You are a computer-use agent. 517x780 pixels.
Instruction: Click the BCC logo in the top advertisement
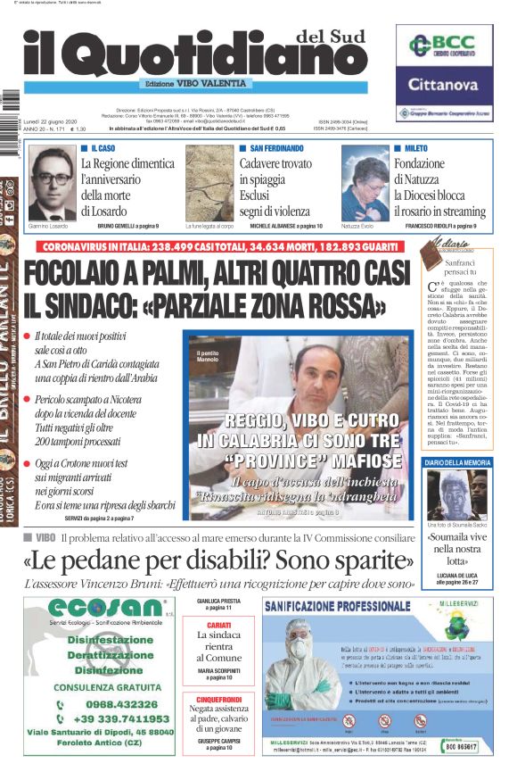pos(443,46)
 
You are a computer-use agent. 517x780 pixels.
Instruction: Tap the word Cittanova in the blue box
pos(443,86)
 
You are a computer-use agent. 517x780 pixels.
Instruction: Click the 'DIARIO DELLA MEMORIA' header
pos(457,462)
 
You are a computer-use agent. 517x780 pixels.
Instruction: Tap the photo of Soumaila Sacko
pos(457,494)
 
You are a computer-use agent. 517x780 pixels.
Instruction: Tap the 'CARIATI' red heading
pos(218,625)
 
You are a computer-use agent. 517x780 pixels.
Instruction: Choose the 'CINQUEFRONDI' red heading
pos(218,699)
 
